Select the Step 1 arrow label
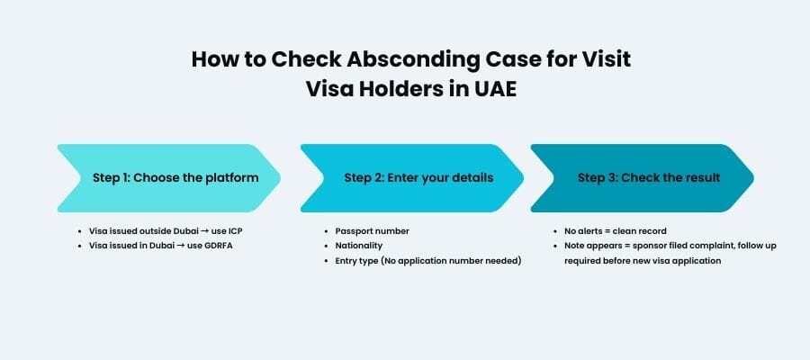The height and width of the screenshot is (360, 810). click(175, 177)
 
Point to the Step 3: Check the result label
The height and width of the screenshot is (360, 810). click(649, 177)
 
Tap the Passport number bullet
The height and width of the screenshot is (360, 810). click(372, 231)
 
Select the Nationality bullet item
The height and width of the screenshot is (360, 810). click(359, 245)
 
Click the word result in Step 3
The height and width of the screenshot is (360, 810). click(702, 177)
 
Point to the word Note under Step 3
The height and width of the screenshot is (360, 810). click(575, 245)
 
